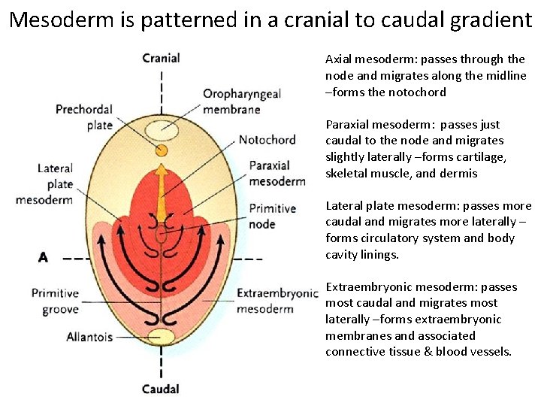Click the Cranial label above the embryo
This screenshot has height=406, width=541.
tap(161, 58)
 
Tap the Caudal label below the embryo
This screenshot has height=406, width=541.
tap(161, 389)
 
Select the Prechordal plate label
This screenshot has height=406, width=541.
tap(84, 117)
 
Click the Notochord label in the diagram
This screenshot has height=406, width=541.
tap(267, 140)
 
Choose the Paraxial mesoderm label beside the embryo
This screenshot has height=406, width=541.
tap(277, 174)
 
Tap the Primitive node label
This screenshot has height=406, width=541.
tap(272, 216)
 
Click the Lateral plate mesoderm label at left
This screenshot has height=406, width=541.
tap(55, 184)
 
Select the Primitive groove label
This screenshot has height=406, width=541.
tap(55, 301)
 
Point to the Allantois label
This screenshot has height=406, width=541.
tap(89, 337)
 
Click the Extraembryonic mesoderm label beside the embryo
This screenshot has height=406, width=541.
tap(277, 301)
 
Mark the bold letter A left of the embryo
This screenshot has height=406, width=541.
tap(43, 257)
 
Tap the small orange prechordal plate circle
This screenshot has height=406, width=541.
tap(162, 150)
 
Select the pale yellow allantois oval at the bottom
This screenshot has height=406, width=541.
tap(161, 336)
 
